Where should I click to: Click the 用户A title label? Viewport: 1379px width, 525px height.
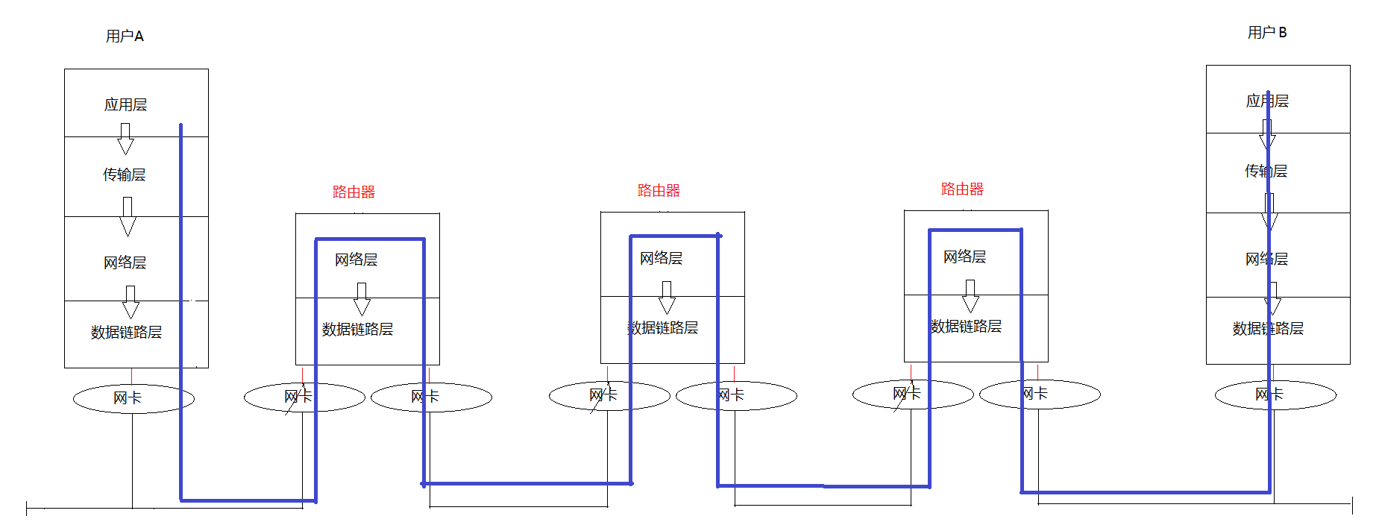pos(125,36)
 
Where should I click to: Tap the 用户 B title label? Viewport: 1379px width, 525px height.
pos(1266,32)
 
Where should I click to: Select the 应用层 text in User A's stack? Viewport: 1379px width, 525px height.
pos(125,104)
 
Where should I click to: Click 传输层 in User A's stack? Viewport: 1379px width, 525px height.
pos(124,175)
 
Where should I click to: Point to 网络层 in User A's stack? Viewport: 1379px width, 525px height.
pos(125,262)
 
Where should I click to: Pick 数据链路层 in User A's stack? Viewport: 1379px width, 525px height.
pos(126,332)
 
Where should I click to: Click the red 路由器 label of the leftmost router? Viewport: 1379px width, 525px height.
pos(354,192)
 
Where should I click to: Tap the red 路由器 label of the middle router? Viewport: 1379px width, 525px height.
pos(659,190)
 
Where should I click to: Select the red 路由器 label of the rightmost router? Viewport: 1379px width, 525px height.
pos(962,189)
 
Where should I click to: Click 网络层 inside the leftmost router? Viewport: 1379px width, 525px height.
pos(356,260)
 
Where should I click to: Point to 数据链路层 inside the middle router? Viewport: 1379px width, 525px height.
pos(662,327)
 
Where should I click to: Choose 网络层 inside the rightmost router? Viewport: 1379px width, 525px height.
pos(964,257)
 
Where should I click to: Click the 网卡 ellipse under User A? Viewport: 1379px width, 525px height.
pos(133,398)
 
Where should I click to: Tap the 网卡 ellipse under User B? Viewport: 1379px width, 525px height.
pos(1275,394)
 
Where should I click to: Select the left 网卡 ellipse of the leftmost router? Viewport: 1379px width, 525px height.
pos(304,397)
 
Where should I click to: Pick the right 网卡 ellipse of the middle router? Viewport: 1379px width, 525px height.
pos(736,395)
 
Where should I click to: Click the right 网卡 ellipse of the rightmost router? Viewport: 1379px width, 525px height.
pos(1040,394)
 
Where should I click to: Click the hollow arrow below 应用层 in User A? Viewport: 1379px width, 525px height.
pos(125,139)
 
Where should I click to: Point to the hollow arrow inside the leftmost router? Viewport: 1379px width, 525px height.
pos(362,298)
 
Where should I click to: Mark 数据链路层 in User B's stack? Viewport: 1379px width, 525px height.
pos(1268,328)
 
